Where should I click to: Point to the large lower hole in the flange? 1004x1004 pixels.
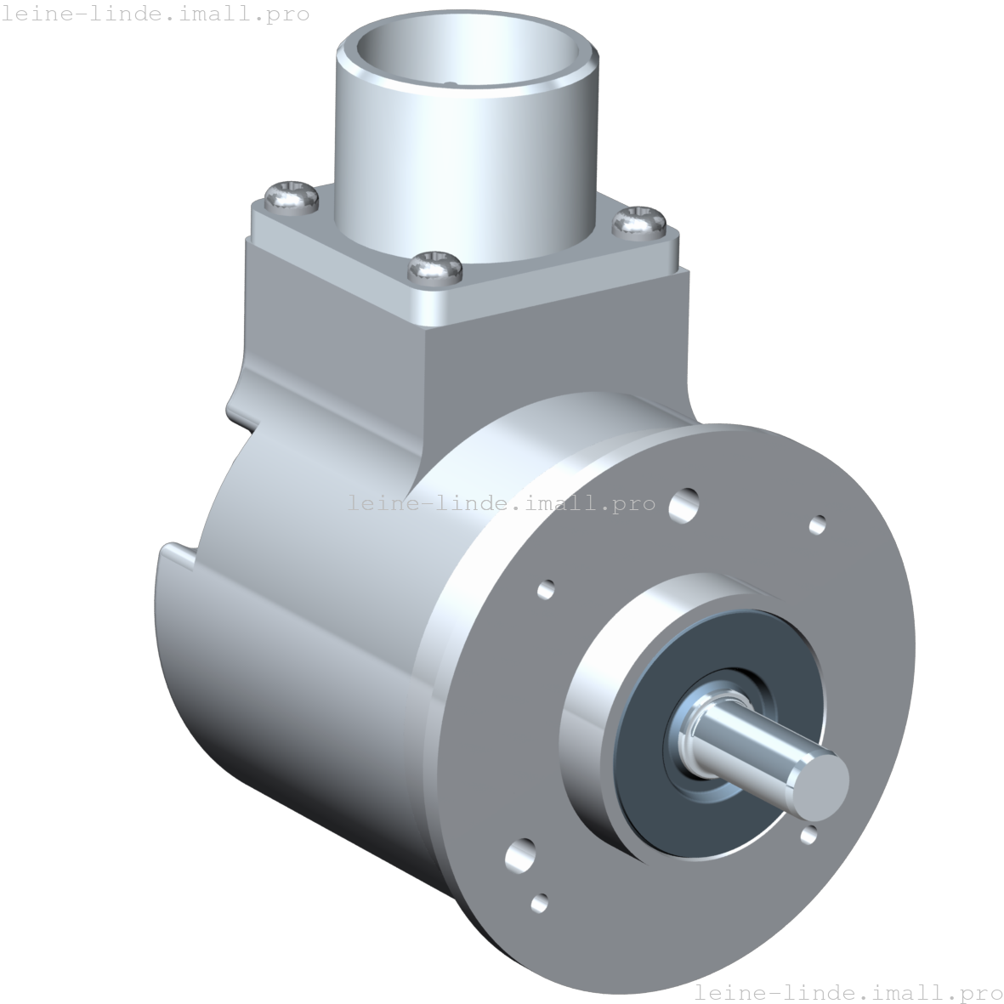point(520,854)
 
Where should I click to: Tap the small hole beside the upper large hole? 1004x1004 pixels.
point(817,525)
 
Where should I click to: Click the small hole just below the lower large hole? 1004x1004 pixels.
point(539,904)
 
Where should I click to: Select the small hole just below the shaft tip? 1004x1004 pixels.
point(808,835)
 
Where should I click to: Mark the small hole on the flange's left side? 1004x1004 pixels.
point(546,588)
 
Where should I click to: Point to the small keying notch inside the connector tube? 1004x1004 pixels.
point(452,83)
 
